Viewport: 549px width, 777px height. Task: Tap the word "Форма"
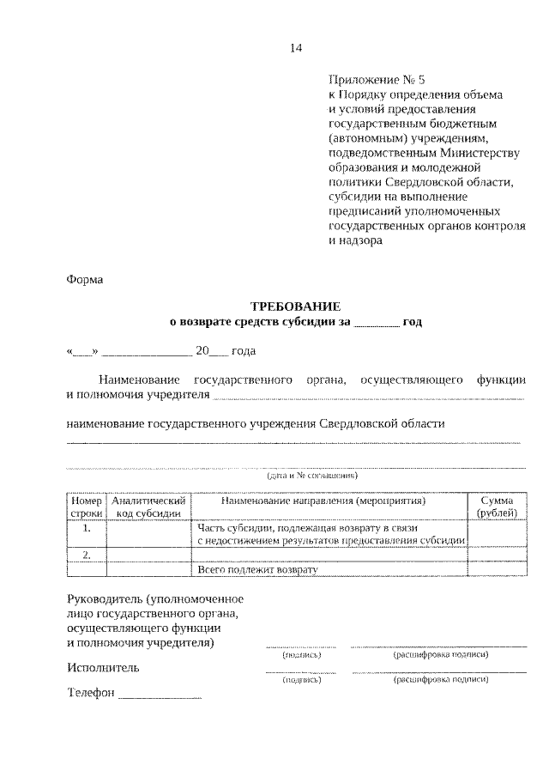(84, 279)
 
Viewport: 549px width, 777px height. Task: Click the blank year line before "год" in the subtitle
(376, 323)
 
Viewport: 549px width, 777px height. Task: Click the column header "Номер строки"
(86, 506)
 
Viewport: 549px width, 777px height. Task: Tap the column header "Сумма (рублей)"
(498, 506)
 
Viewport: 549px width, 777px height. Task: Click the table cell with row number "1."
(86, 534)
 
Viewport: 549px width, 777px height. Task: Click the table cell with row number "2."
(86, 555)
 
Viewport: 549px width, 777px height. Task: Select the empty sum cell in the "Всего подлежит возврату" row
(498, 569)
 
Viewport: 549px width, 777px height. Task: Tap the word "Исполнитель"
(102, 667)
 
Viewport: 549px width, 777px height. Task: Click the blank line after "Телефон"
(160, 695)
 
